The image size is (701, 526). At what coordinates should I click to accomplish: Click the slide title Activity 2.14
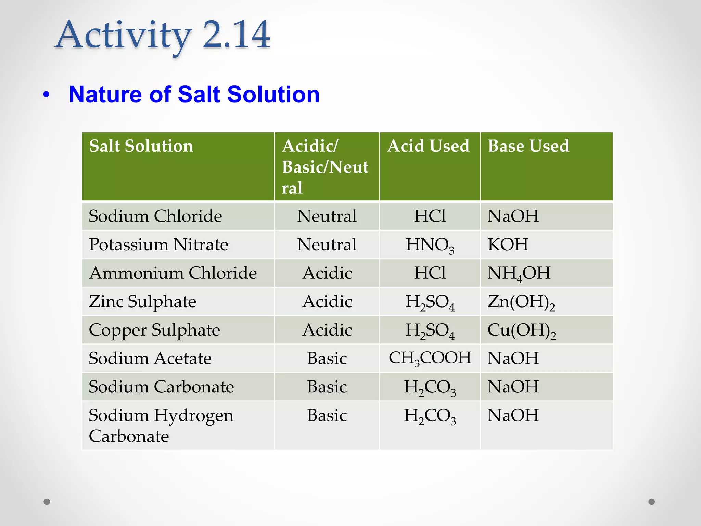(163, 35)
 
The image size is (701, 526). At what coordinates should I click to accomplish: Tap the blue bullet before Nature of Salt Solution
(47, 95)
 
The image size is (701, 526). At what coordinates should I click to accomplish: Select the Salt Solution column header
(141, 146)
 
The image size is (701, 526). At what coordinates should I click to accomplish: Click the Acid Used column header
(428, 146)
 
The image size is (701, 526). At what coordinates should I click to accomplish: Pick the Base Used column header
(528, 146)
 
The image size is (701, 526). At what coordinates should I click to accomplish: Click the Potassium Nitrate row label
(158, 245)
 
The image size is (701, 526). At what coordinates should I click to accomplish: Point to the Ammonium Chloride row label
(173, 273)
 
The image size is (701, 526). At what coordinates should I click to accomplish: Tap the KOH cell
(508, 245)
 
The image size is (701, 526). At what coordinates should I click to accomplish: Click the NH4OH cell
(519, 273)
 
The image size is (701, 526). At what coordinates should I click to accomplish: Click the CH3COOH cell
(430, 358)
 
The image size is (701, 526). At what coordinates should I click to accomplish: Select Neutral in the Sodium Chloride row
(327, 216)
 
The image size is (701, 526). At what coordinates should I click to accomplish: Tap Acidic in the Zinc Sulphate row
(327, 302)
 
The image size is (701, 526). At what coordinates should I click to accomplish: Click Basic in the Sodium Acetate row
(327, 359)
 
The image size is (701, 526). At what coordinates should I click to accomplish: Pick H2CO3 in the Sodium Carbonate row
(430, 387)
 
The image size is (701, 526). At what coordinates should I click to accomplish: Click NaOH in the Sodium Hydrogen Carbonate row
(513, 415)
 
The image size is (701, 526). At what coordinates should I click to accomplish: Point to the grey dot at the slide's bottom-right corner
(651, 502)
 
